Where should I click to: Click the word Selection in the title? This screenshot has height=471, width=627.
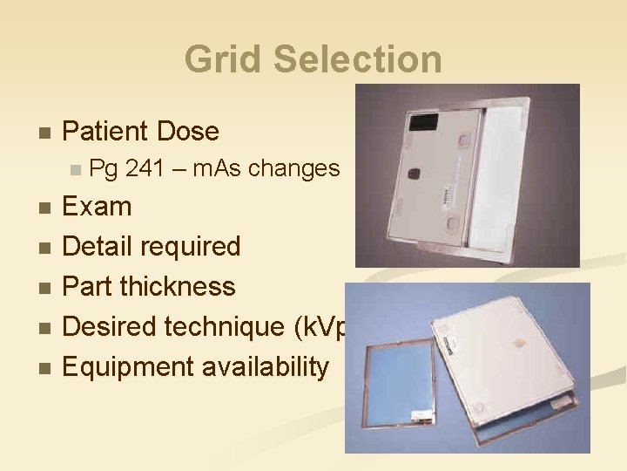pos(357,59)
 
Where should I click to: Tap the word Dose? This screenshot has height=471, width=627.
pos(189,132)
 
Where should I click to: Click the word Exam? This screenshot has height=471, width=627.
pos(98,207)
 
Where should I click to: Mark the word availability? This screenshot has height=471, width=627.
pos(266,367)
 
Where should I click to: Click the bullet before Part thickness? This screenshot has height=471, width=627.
pos(45,288)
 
